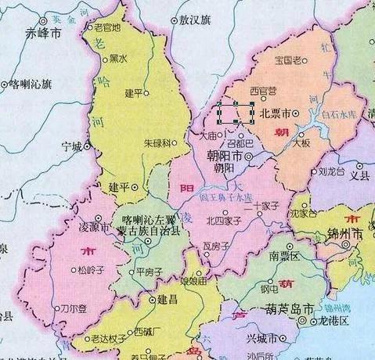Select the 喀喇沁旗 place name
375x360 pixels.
[x=31, y=82]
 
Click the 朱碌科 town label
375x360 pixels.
[x=157, y=144]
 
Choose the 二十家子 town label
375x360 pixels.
[x=261, y=207]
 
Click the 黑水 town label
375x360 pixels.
[x=118, y=58]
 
